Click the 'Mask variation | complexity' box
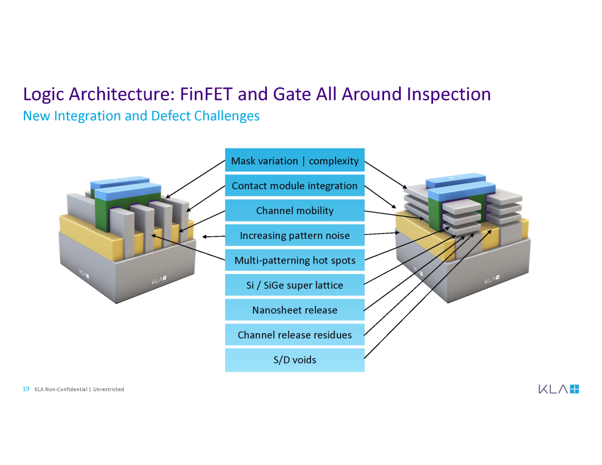(294, 160)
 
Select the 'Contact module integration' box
(294, 185)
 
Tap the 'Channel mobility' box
(294, 211)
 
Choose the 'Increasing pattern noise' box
(294, 236)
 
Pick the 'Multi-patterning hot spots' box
(294, 260)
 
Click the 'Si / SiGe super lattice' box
(294, 285)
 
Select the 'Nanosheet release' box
(294, 310)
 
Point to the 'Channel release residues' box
(294, 335)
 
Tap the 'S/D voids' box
(294, 360)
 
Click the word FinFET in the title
(206, 94)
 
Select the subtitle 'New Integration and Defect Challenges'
(141, 116)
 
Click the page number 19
(26, 389)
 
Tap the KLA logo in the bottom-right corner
(559, 389)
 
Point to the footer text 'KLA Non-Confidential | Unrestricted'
(79, 389)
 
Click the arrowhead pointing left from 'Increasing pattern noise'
(205, 237)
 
